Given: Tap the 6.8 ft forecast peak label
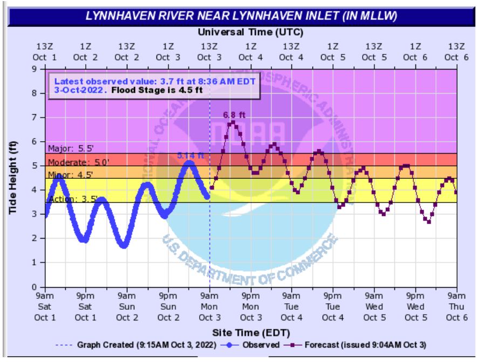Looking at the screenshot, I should click(x=234, y=115).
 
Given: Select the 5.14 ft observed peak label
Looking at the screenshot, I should click(x=190, y=156).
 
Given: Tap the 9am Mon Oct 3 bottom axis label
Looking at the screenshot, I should click(x=209, y=305).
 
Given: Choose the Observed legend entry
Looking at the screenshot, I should click(x=253, y=344).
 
